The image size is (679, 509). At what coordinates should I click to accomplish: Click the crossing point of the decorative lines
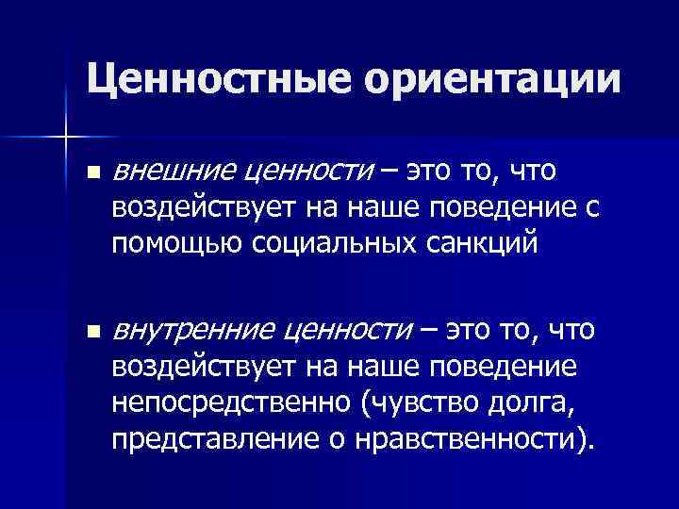pyautogui.click(x=65, y=137)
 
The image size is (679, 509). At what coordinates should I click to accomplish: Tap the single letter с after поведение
pyautogui.click(x=591, y=207)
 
